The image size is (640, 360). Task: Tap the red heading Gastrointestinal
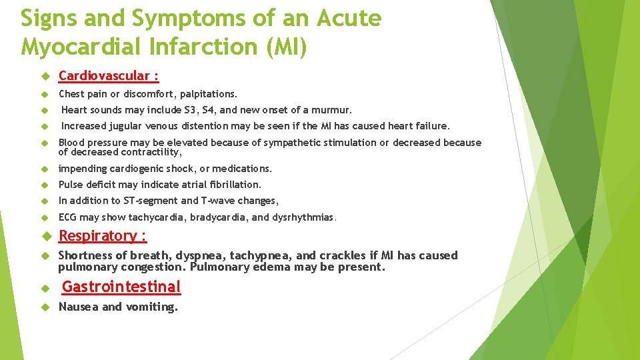[121, 287]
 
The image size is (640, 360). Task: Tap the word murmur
[333, 110]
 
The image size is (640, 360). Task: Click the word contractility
[153, 152]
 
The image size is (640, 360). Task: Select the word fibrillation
[233, 185]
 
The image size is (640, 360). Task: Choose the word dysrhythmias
[306, 217]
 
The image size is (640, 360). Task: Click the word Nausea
[78, 307]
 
